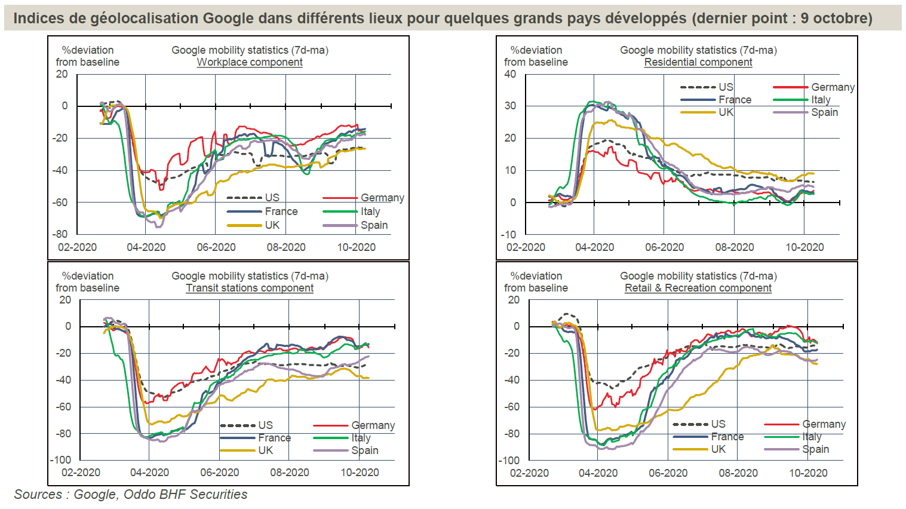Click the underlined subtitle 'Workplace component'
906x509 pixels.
[x=250, y=62]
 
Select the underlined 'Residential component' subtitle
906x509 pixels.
[x=698, y=62]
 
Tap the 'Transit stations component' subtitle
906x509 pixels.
[x=250, y=288]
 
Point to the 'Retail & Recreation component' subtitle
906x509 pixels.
[x=698, y=288]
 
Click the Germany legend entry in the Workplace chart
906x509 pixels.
[x=382, y=198]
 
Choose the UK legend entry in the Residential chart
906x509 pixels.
[x=726, y=112]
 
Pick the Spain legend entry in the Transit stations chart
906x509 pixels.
[x=364, y=450]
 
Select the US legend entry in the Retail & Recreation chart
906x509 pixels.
[x=718, y=424]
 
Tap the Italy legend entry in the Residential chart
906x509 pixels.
[x=821, y=100]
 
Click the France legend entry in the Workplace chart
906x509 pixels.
[x=281, y=211]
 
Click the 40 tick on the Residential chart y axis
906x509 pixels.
[x=510, y=74]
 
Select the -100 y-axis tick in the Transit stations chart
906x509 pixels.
[x=61, y=460]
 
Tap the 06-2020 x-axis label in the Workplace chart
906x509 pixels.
[x=216, y=247]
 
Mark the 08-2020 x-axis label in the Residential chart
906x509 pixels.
[x=735, y=247]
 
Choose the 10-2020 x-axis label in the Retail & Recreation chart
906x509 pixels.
[x=808, y=473]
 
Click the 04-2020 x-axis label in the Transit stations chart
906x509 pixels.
[x=149, y=473]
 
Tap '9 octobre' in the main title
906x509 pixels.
[x=836, y=19]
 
